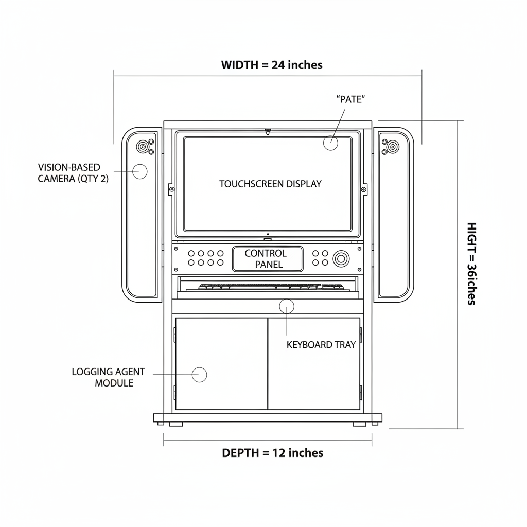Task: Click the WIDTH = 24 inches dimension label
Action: pyautogui.click(x=272, y=65)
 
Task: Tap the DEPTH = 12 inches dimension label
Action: pyautogui.click(x=273, y=453)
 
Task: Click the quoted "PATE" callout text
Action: pyautogui.click(x=350, y=99)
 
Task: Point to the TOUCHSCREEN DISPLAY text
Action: pyautogui.click(x=270, y=184)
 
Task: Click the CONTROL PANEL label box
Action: pyautogui.click(x=268, y=259)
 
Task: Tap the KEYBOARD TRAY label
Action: pyautogui.click(x=321, y=345)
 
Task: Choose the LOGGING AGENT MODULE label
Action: pyautogui.click(x=108, y=377)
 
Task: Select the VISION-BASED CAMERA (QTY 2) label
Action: pyautogui.click(x=73, y=173)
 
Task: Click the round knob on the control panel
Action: pyautogui.click(x=341, y=259)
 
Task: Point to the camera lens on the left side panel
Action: pyautogui.click(x=142, y=147)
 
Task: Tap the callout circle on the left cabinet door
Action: pyautogui.click(x=199, y=375)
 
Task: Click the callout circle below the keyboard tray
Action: pyautogui.click(x=287, y=306)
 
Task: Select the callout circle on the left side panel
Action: pyautogui.click(x=140, y=172)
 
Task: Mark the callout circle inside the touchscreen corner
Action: pyautogui.click(x=330, y=143)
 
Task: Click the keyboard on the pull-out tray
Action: pyautogui.click(x=271, y=287)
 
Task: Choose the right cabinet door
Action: pyautogui.click(x=314, y=364)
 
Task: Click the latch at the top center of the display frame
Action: pyautogui.click(x=268, y=131)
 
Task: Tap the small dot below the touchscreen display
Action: pyautogui.click(x=268, y=234)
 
